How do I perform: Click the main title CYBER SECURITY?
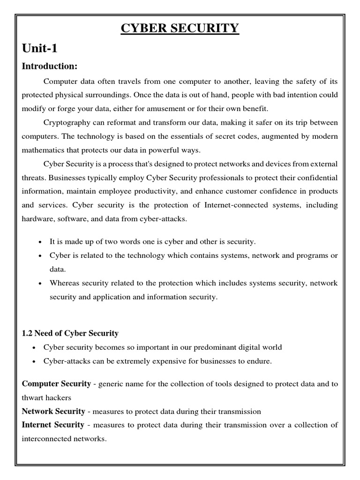(180, 29)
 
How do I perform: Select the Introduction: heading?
(50, 66)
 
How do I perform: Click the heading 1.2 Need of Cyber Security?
(70, 333)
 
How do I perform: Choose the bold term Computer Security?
(57, 384)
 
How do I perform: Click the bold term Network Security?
(54, 412)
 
